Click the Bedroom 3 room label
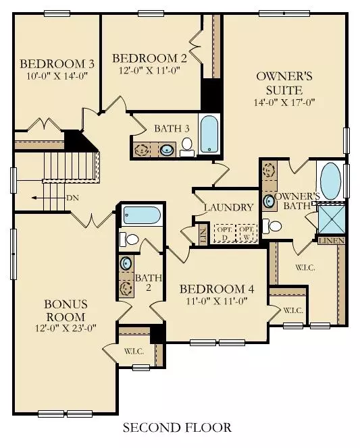[57, 63]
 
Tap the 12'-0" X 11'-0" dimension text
[149, 70]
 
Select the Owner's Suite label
[284, 83]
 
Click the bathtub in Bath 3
[209, 134]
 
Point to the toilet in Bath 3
[187, 147]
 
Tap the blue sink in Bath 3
[167, 150]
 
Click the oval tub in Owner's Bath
[330, 181]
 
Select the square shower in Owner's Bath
[332, 219]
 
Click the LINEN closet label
[332, 241]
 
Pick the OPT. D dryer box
[224, 233]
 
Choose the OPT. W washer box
[247, 233]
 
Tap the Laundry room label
[228, 207]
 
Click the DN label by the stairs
[72, 198]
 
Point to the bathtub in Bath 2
[142, 215]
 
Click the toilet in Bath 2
[129, 239]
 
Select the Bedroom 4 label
[217, 289]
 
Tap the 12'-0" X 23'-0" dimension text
[66, 328]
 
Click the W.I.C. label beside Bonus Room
[134, 351]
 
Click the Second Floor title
[177, 428]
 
